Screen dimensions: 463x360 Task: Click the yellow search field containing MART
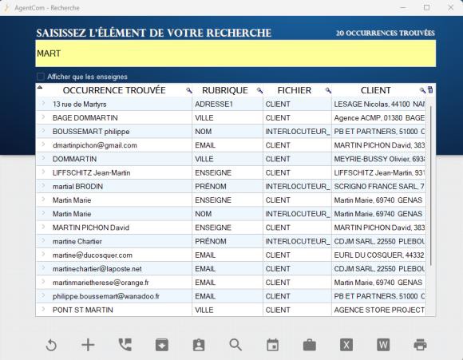pos(235,53)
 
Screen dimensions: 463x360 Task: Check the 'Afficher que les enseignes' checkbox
pos(41,77)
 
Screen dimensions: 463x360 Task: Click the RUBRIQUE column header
pos(224,90)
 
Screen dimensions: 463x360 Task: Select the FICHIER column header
pos(294,90)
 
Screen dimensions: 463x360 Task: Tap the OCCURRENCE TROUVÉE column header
pos(113,90)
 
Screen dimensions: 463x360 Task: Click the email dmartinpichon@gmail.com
pos(95,145)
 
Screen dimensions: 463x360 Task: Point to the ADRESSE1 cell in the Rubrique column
pos(214,104)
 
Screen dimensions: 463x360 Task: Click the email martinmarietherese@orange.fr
pos(101,282)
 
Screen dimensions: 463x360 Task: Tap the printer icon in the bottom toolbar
pos(420,344)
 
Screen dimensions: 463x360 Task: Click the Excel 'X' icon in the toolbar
pos(346,344)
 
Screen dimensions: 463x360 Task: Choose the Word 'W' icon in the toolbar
pos(383,344)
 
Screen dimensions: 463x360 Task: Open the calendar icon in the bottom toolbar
pos(272,344)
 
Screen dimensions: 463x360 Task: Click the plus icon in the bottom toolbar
pos(88,344)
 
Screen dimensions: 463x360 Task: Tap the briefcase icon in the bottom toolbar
pos(309,344)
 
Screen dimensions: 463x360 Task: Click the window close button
pos(448,7)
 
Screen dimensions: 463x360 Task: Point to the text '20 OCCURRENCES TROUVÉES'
pos(385,34)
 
